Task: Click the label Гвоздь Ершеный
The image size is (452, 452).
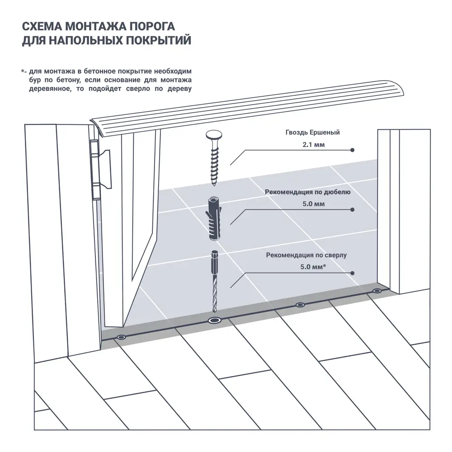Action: [312, 132]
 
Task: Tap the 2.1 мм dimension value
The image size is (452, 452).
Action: [312, 145]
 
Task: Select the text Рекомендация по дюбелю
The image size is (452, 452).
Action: [308, 192]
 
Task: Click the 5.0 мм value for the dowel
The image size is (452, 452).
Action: [312, 204]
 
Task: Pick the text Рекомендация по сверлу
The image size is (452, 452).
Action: [306, 255]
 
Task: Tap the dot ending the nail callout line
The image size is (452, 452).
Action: [353, 150]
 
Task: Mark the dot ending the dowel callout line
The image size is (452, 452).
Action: [353, 210]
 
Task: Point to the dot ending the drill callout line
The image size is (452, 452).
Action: [353, 273]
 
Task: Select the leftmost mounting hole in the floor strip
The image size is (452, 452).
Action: [121, 337]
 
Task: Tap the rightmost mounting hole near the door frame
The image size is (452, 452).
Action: [377, 291]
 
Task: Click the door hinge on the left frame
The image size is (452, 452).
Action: [96, 169]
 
